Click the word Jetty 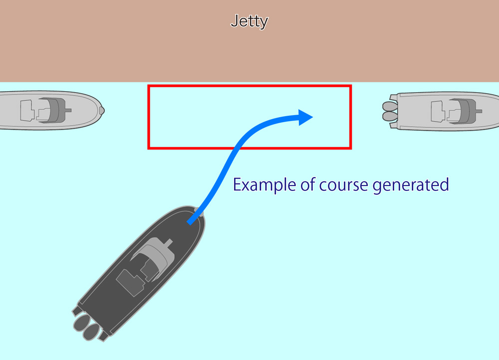249,21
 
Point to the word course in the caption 343,185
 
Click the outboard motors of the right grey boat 389,111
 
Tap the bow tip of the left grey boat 102,110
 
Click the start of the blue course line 190,222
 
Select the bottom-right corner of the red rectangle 351,148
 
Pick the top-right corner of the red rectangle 351,86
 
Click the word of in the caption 306,185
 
